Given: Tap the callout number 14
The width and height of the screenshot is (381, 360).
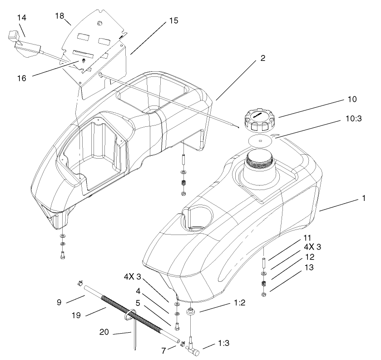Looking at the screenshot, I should click(22, 17).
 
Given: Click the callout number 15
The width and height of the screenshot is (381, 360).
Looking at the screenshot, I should click(173, 21).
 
